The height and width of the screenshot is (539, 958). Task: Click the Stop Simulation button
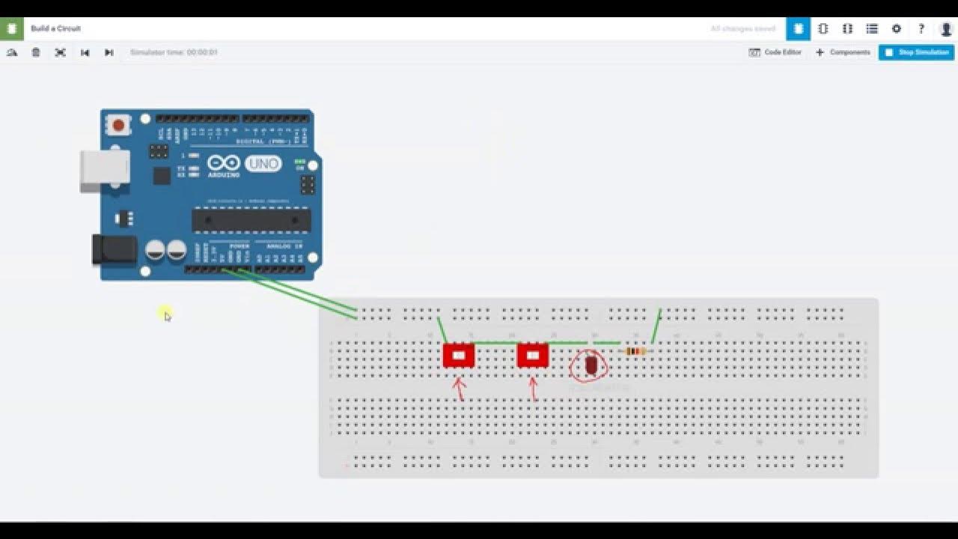pos(916,52)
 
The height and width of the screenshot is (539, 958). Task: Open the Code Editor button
pos(775,52)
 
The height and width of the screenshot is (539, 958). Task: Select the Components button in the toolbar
pos(843,52)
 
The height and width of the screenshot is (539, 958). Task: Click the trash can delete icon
pos(36,52)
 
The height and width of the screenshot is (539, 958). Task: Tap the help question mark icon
pos(921,28)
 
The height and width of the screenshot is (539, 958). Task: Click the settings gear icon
pos(897,28)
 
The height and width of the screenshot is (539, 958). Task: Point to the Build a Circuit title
pos(56,28)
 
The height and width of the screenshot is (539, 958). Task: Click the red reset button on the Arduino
pos(117,124)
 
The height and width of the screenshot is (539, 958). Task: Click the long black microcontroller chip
pos(251,220)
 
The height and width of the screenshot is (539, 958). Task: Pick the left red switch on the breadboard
pos(459,356)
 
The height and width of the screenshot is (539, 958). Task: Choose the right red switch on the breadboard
pos(532,356)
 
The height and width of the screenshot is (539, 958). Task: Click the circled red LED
pos(591,365)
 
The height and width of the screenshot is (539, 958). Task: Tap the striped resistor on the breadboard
pos(635,351)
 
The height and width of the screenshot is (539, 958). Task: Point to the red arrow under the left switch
pos(460,389)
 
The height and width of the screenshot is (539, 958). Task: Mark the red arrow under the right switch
pos(533,388)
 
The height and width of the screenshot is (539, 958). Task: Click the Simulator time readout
pos(174,52)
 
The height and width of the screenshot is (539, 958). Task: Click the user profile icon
pos(946,28)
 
